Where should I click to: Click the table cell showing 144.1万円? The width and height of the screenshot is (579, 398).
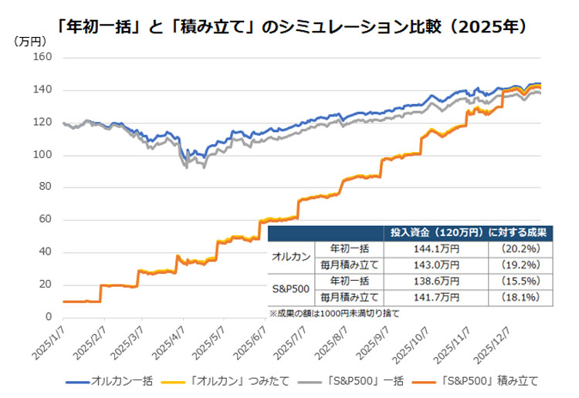pos(438,248)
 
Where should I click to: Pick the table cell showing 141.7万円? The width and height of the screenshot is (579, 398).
pos(438,296)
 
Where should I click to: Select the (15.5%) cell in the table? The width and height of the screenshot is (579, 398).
pos(520,280)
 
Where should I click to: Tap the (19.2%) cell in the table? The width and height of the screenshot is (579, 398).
pos(520,265)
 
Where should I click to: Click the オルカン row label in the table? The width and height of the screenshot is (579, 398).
pos(292,256)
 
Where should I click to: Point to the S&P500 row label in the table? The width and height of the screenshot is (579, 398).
pos(292,288)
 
